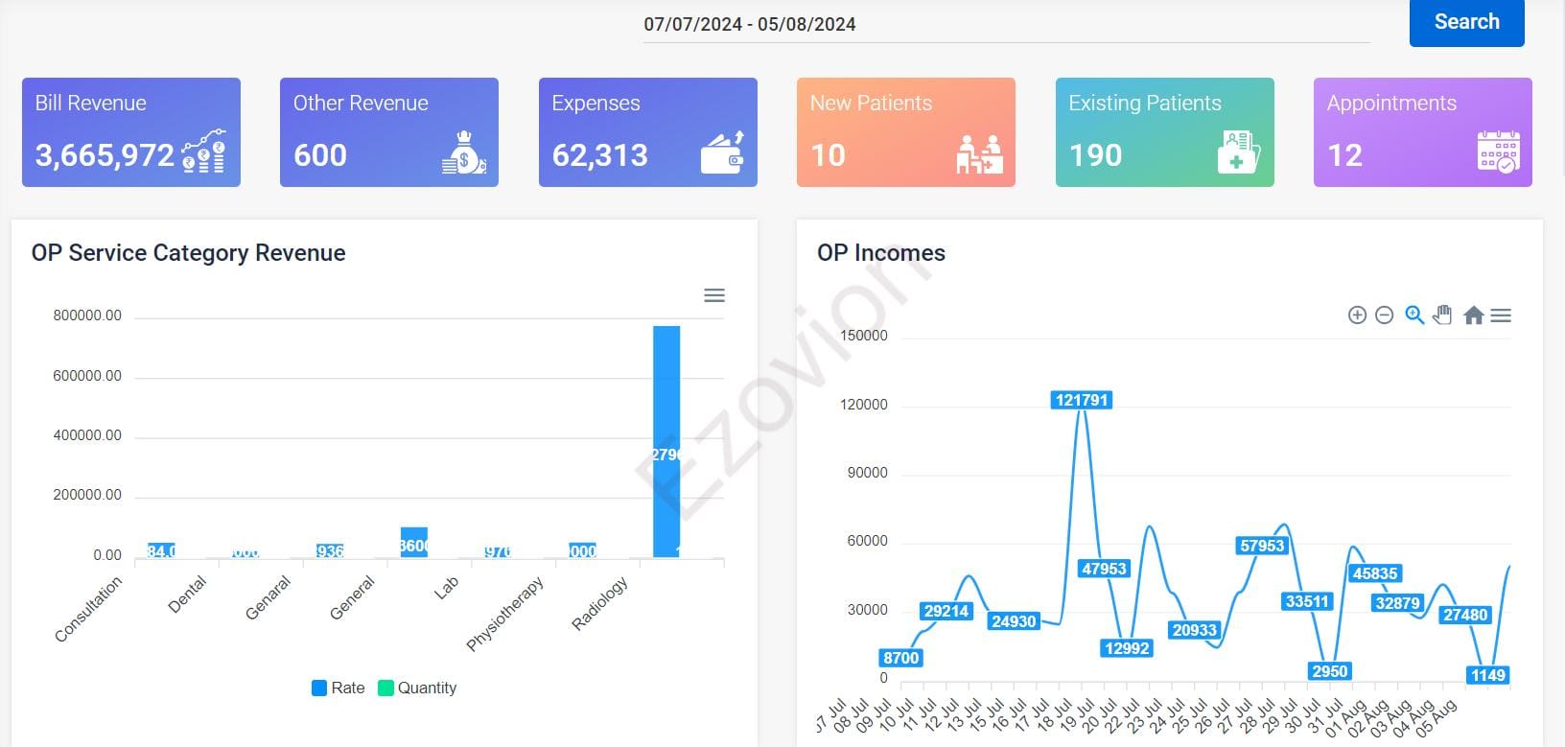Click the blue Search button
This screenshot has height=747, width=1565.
tap(1466, 22)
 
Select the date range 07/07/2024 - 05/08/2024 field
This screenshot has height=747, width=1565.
tap(750, 25)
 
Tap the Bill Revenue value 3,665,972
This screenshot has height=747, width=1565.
tap(105, 155)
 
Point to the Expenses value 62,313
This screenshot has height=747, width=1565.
tap(600, 155)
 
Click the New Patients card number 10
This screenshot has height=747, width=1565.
tap(828, 155)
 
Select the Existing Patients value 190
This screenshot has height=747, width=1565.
tap(1095, 155)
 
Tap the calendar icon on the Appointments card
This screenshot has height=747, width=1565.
tap(1498, 152)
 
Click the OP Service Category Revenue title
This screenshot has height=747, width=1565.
tap(188, 253)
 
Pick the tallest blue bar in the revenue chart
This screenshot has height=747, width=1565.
tap(666, 441)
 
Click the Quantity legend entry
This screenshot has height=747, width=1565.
tap(418, 688)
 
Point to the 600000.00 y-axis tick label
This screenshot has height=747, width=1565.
tap(87, 376)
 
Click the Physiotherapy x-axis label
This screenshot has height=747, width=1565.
tap(505, 614)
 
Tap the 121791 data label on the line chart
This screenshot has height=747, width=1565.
tap(1082, 400)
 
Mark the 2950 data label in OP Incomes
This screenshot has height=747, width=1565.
tap(1329, 671)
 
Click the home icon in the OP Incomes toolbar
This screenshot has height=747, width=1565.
tap(1474, 315)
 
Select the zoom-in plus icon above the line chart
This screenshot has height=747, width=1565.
tap(1357, 315)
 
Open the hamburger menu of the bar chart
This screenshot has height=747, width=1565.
tap(714, 295)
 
